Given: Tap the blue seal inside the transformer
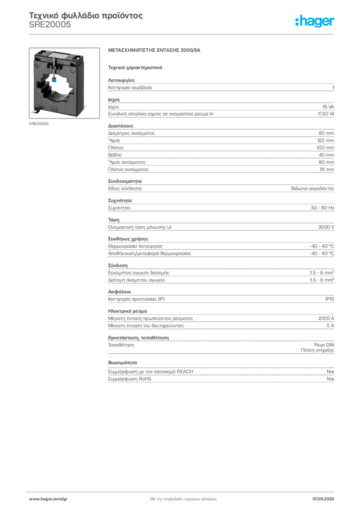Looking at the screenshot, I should pyautogui.click(x=54, y=77).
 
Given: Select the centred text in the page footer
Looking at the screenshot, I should pyautogui.click(x=181, y=497).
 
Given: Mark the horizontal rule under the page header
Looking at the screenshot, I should pyautogui.click(x=183, y=34).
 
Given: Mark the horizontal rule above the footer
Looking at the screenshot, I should pyautogui.click(x=183, y=489).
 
